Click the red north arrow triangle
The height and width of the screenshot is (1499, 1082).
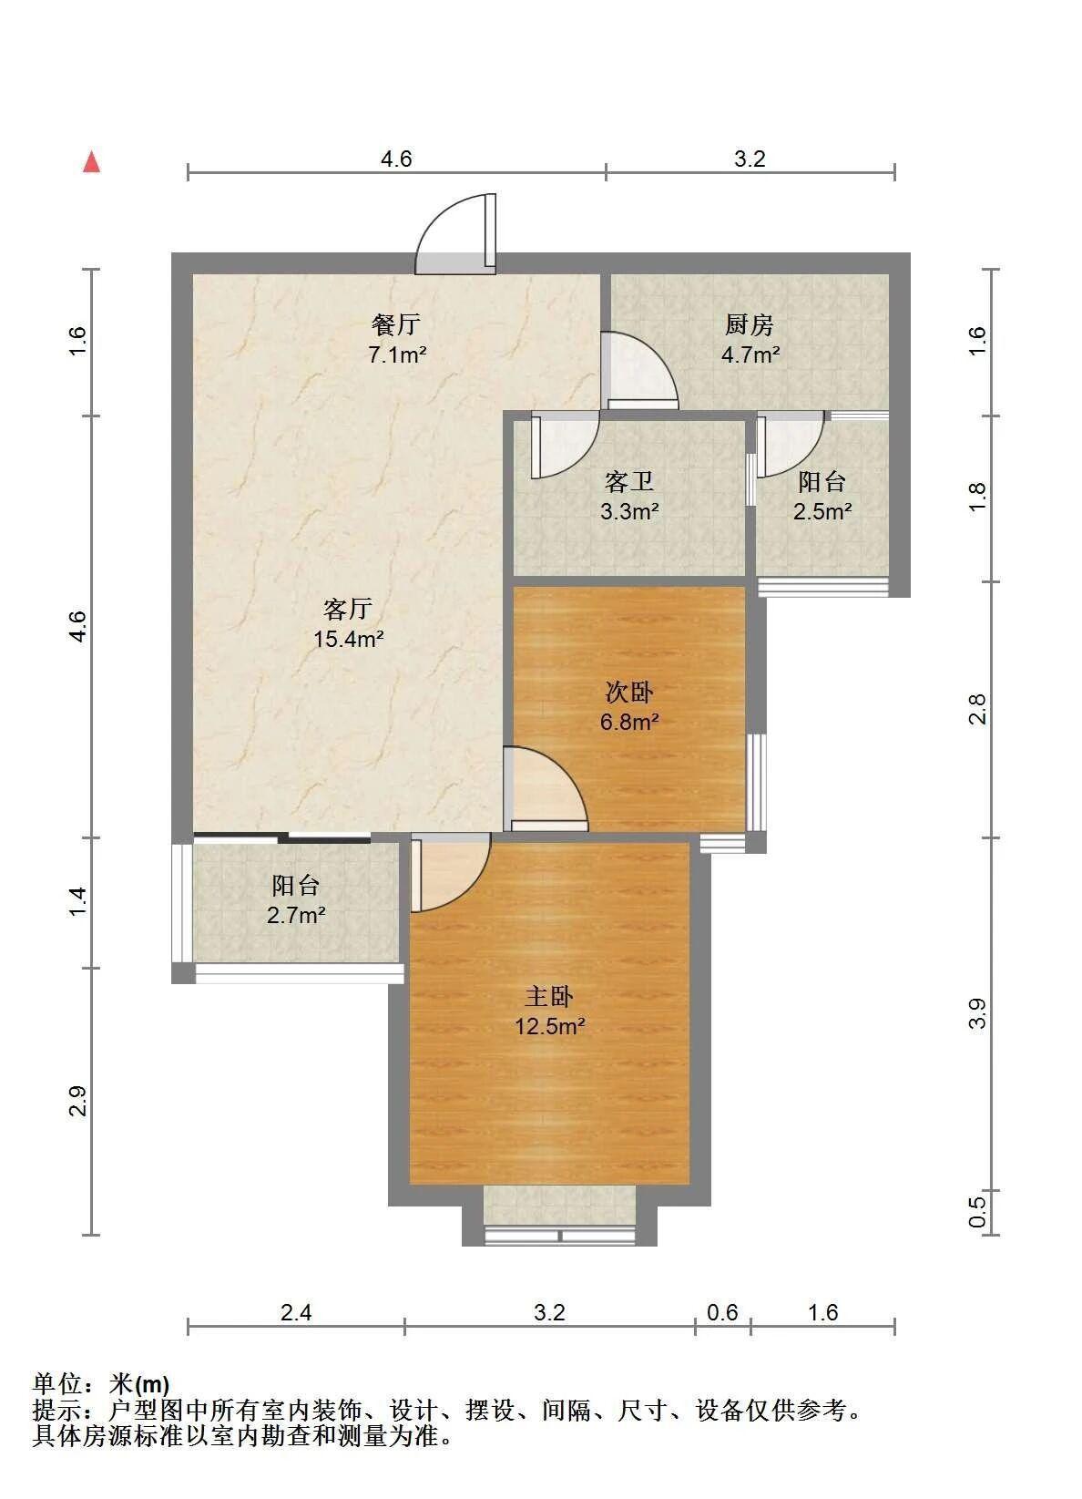(92, 162)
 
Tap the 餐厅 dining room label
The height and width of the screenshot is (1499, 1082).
(396, 325)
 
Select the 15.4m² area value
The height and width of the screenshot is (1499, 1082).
(349, 639)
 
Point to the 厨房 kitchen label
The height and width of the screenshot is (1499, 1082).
(750, 325)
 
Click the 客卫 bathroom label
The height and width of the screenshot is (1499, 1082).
(629, 481)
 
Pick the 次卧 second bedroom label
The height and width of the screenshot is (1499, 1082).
(629, 692)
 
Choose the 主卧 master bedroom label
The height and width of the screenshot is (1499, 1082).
(549, 996)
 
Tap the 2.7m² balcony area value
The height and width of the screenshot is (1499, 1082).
(296, 914)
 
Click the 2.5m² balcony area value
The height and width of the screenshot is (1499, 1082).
(822, 511)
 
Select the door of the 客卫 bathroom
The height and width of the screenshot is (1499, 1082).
(565, 445)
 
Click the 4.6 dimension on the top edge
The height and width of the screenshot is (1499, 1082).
(396, 159)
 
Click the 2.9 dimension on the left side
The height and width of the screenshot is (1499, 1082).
(78, 1101)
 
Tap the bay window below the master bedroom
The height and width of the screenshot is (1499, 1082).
(559, 1217)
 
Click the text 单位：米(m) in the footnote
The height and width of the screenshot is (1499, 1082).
(100, 1383)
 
